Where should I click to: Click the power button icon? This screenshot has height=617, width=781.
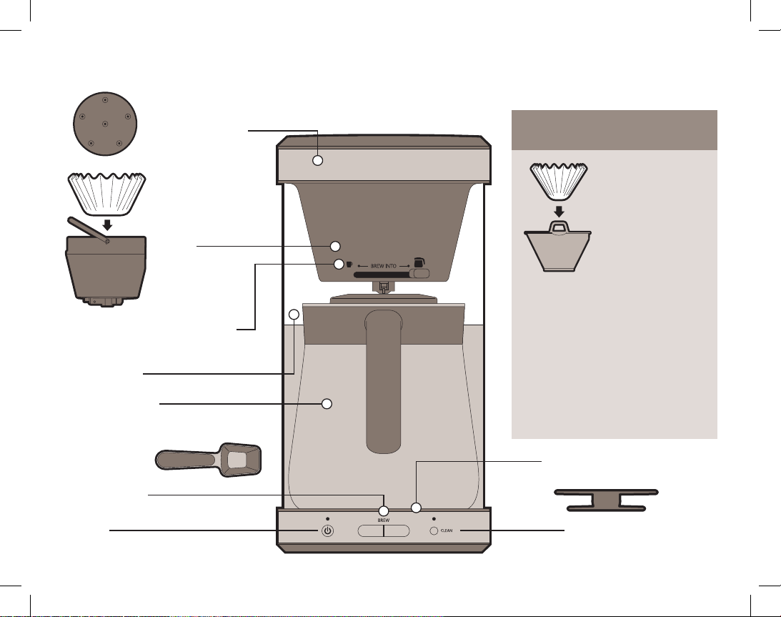pyautogui.click(x=328, y=530)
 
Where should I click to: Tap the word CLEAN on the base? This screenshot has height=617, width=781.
pyautogui.click(x=447, y=530)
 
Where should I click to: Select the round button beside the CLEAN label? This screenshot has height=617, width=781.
pyautogui.click(x=434, y=530)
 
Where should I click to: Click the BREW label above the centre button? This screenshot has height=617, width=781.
pyautogui.click(x=384, y=520)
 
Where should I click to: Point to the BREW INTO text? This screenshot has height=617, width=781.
pyautogui.click(x=384, y=266)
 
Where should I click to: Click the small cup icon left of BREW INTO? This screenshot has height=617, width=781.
pyautogui.click(x=349, y=265)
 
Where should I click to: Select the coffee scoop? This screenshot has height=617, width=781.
pyautogui.click(x=208, y=460)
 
